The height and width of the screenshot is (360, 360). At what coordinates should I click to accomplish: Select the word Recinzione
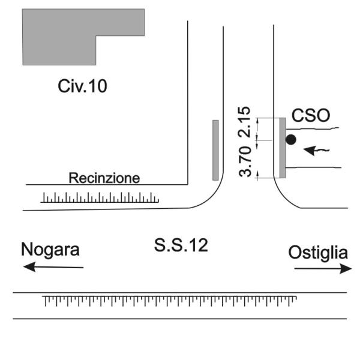104,178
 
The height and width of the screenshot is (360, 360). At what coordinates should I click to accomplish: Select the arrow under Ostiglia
323,269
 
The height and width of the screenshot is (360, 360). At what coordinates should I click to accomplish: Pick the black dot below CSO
290,140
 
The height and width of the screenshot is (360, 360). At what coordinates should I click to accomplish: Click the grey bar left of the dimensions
215,150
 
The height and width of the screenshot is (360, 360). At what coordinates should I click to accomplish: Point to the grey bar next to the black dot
282,148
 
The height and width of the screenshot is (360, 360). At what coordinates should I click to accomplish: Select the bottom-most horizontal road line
180,319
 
